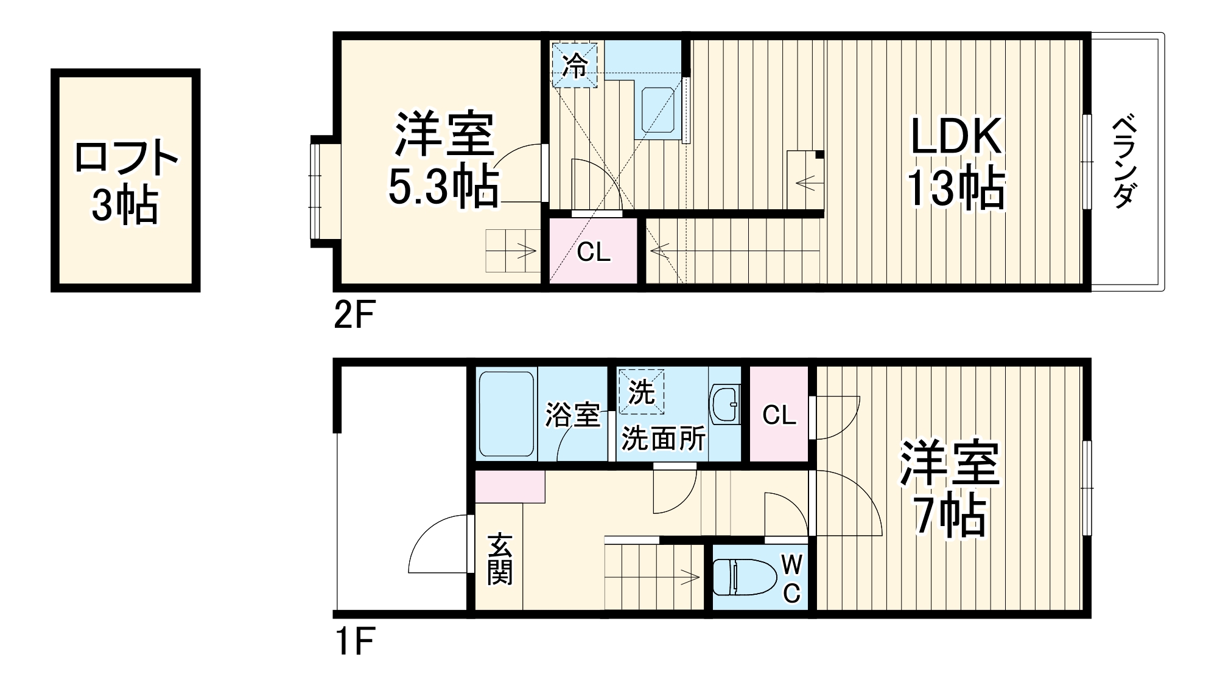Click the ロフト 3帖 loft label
(x=125, y=181)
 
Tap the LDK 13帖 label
(x=956, y=163)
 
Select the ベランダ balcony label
(x=1124, y=162)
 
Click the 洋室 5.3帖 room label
(x=444, y=159)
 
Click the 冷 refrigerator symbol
(x=575, y=65)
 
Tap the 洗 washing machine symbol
(x=642, y=392)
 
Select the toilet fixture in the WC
(x=744, y=577)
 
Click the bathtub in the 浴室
(x=507, y=414)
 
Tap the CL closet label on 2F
(x=594, y=251)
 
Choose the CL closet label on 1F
(x=779, y=415)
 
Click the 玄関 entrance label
(x=500, y=558)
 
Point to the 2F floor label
(x=353, y=315)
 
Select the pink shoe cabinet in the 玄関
(x=510, y=487)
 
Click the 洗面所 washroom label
(x=663, y=438)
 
